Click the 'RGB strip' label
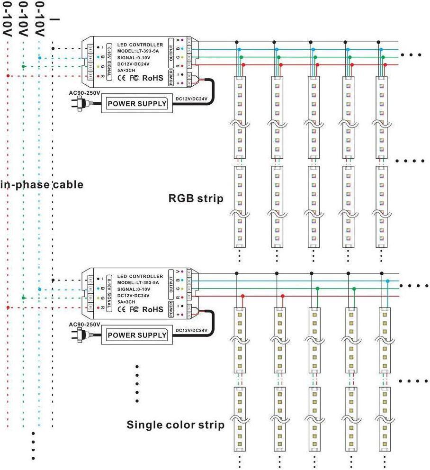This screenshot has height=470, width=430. [x=196, y=198]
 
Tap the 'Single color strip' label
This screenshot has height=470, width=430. [x=175, y=425]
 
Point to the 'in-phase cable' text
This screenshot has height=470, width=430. [x=42, y=184]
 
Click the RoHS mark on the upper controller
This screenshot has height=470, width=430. [x=152, y=78]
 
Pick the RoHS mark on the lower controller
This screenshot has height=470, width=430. [x=152, y=310]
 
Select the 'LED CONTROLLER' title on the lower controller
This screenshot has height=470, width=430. [x=140, y=276]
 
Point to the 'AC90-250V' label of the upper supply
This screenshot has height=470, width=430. [x=84, y=92]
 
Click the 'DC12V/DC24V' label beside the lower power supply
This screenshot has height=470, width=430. [x=191, y=331]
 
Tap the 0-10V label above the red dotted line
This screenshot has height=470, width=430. [x=8, y=19]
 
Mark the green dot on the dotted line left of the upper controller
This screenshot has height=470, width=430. [x=23, y=66]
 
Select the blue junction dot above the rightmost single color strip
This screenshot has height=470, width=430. [x=388, y=281]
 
